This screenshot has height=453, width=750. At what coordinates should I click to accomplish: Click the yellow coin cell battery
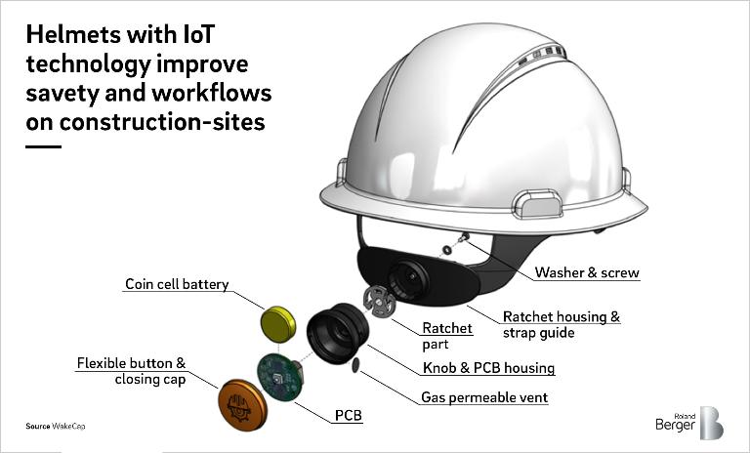[278, 323]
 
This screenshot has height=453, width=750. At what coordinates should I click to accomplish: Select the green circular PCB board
[279, 376]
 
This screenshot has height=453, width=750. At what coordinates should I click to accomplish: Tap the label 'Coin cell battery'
[177, 284]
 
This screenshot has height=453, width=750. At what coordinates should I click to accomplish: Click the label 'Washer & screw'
[587, 272]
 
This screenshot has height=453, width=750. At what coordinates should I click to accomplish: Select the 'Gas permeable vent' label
[484, 397]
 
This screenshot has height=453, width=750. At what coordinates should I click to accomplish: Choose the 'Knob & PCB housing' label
[488, 368]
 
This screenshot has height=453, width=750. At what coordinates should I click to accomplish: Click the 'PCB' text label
[349, 416]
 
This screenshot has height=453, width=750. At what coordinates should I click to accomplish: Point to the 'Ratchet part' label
[447, 335]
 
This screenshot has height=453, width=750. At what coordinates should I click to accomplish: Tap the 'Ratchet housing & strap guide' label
[562, 325]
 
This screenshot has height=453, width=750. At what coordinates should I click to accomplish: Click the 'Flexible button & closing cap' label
[131, 371]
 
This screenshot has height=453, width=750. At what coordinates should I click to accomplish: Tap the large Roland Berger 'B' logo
[712, 423]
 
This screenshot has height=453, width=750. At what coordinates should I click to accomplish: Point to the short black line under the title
[43, 146]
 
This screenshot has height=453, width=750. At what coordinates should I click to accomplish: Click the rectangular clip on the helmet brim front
[540, 206]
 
